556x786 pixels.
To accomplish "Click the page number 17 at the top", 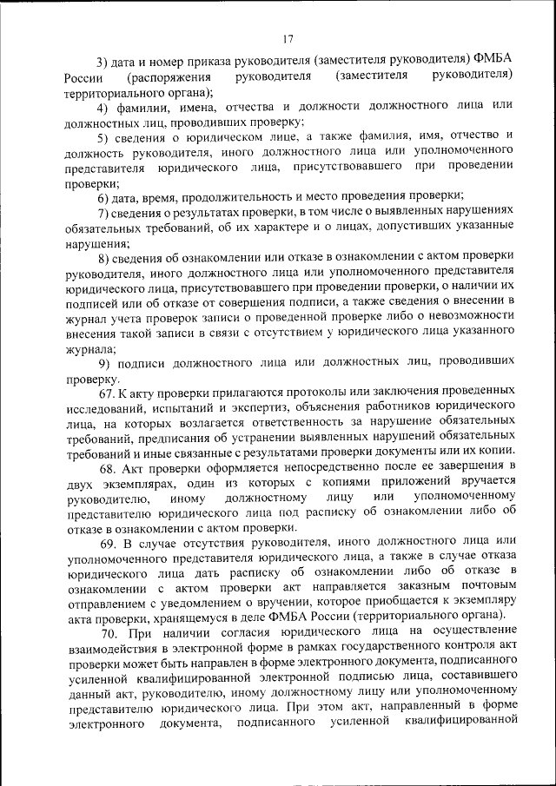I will coord(288,38).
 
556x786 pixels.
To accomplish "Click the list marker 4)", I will coord(102,108).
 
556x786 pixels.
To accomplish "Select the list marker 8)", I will coord(102,262).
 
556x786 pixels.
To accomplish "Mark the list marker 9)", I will coord(102,362).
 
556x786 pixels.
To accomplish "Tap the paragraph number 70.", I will coord(105,639).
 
